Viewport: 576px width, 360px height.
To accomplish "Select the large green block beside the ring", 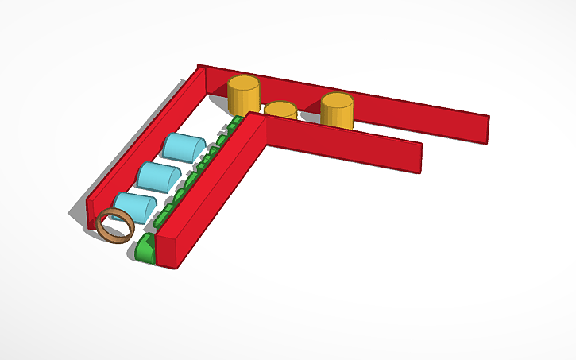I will pos(145,249).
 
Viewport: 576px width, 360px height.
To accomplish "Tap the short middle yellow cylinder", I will pos(280,111).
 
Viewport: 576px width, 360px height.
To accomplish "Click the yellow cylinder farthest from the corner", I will pos(337,111).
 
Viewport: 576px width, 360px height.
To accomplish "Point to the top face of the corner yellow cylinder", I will pos(244,82).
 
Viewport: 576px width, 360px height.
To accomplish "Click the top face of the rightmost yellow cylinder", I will pos(337,100).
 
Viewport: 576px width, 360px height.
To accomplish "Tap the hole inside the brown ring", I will pos(114,225).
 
